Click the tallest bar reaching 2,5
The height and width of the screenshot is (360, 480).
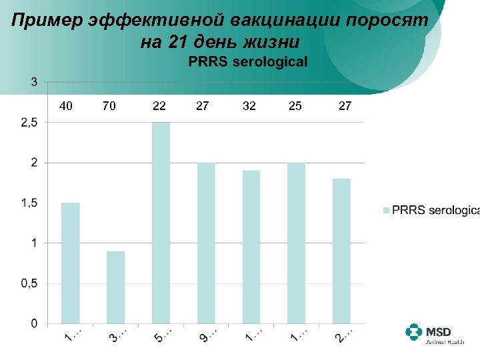pyautogui.click(x=161, y=223)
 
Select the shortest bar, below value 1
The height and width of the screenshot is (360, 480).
pyautogui.click(x=115, y=287)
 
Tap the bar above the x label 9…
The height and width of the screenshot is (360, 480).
pyautogui.click(x=206, y=243)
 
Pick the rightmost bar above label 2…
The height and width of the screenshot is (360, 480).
pyautogui.click(x=341, y=251)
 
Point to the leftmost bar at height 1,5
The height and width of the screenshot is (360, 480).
pyautogui.click(x=70, y=263)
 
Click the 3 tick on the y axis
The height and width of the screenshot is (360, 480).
pyautogui.click(x=33, y=82)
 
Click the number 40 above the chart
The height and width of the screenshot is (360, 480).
pyautogui.click(x=66, y=105)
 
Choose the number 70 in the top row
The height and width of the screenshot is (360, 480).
pyautogui.click(x=109, y=105)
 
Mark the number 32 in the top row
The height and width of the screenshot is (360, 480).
pyautogui.click(x=249, y=105)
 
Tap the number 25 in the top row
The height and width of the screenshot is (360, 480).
pyautogui.click(x=295, y=105)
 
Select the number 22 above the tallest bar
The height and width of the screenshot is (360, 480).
pyautogui.click(x=159, y=105)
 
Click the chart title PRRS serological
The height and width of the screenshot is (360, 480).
pyautogui.click(x=248, y=62)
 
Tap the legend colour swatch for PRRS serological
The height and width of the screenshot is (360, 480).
pyautogui.click(x=386, y=211)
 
